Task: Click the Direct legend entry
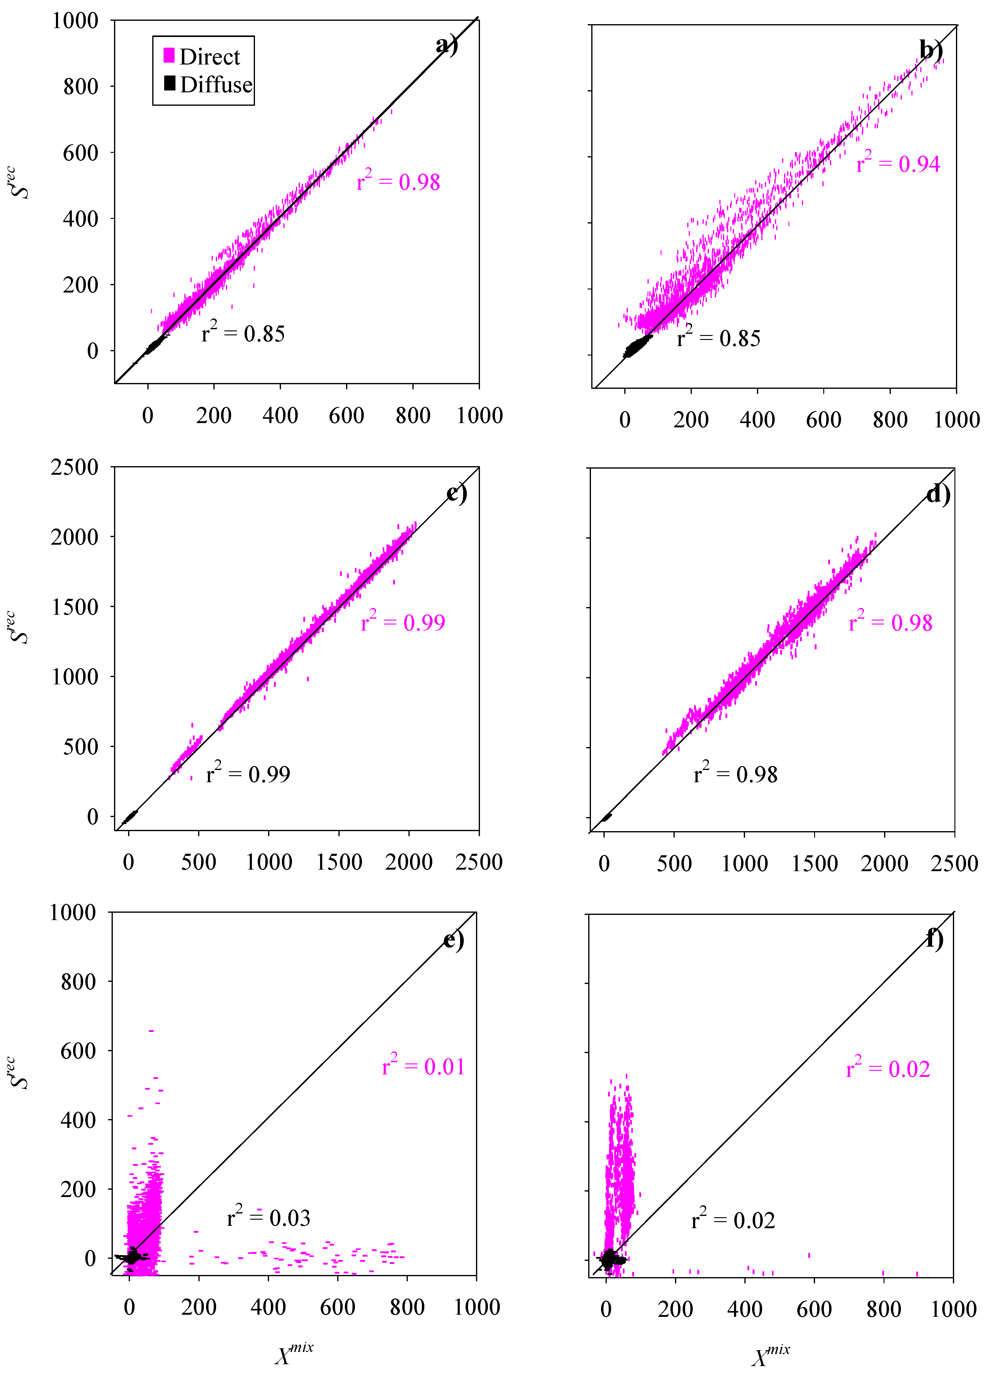click(x=202, y=57)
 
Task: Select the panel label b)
click(x=931, y=50)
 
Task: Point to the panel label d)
click(x=938, y=494)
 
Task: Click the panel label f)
click(x=935, y=938)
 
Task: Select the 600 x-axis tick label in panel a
click(x=346, y=416)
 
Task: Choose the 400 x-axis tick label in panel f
click(x=744, y=1309)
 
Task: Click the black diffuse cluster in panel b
click(x=637, y=347)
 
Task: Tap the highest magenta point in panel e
click(x=151, y=1030)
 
